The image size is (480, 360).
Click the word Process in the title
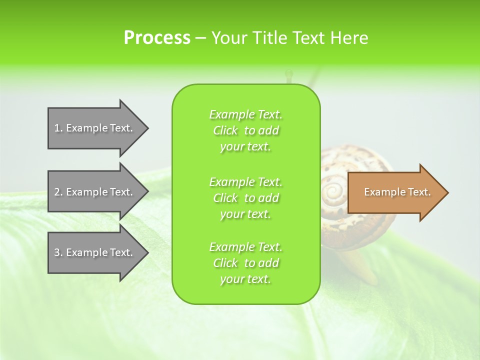coord(157,38)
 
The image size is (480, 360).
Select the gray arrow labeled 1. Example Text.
coord(95,128)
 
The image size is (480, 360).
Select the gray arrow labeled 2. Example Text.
coord(95,192)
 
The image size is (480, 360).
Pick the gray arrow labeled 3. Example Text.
coord(95,252)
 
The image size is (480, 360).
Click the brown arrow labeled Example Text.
coord(395,192)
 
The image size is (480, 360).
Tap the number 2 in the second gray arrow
coord(56,192)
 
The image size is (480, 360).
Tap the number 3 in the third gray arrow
coord(56,252)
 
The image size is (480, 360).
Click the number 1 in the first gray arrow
coord(56,128)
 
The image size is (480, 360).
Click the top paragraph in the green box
coord(245,130)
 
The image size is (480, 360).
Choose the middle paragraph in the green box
coord(245,198)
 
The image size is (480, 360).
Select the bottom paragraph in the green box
coord(245,263)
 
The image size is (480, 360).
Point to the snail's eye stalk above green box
coord(288,76)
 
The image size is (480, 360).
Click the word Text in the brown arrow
coord(419,192)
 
